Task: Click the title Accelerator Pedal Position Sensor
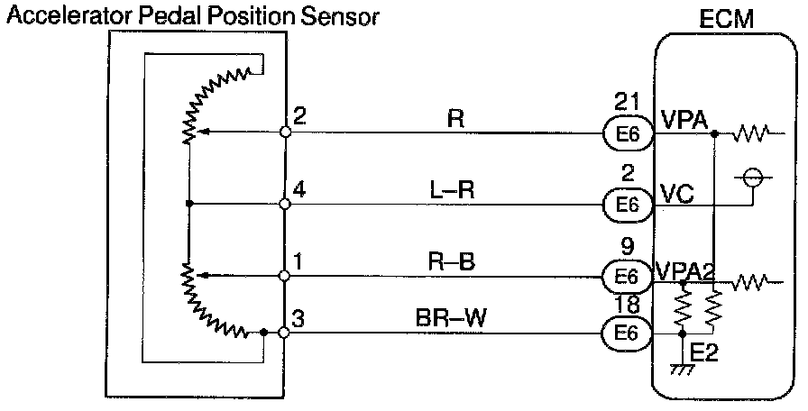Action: tap(192, 15)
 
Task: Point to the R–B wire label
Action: tap(454, 261)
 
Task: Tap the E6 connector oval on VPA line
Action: tap(628, 133)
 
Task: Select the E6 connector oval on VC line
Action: tap(628, 205)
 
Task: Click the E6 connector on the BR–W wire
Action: tap(628, 333)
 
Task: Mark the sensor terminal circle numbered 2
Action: tap(285, 132)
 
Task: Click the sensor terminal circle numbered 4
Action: tap(285, 205)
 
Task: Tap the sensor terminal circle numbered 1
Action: tap(285, 276)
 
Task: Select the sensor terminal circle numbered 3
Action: tap(285, 333)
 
